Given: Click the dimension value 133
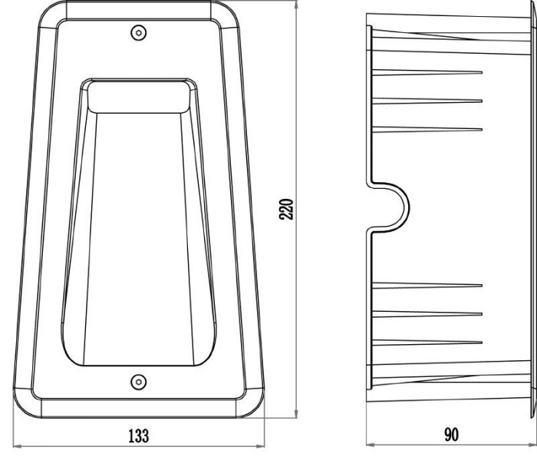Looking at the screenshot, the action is (x=139, y=435).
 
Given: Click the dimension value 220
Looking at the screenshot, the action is (x=286, y=209).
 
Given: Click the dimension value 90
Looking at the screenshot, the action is (x=451, y=435).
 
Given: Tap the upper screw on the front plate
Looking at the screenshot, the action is (x=139, y=33).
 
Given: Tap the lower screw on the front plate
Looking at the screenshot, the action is (x=139, y=382).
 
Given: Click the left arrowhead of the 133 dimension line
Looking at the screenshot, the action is (x=17, y=446).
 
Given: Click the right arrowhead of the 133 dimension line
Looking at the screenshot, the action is (x=261, y=446).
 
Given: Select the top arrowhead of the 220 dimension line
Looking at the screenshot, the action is (x=296, y=5).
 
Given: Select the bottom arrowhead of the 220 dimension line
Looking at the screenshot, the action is (x=296, y=413).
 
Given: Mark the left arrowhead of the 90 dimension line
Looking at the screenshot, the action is (x=371, y=445).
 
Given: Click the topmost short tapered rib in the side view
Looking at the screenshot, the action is (x=427, y=72).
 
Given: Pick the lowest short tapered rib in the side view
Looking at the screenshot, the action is (x=427, y=342).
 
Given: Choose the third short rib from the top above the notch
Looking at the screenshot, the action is (x=427, y=129).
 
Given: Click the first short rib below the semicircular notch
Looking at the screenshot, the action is (x=427, y=285).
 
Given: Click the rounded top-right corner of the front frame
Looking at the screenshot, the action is (x=226, y=15).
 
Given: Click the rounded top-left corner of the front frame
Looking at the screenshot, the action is (x=52, y=15).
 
